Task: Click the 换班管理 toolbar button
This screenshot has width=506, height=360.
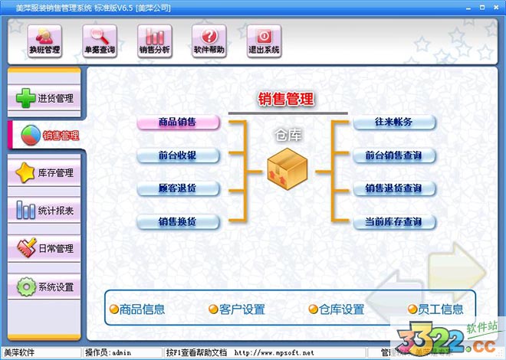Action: (44, 40)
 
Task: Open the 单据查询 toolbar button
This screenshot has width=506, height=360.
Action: (100, 40)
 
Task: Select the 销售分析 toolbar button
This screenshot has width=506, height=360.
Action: (154, 40)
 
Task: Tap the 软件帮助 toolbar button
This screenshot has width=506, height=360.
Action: (209, 40)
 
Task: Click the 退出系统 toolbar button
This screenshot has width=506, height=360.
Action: (263, 40)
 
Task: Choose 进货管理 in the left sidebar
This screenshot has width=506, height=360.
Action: (44, 98)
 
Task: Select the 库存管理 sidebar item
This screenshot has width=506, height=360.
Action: (44, 173)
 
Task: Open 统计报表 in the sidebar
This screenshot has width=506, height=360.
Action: (44, 211)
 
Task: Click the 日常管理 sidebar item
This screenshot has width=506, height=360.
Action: (44, 249)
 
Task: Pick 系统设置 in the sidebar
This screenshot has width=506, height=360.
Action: (44, 287)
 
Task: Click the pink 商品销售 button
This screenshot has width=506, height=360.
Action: (178, 122)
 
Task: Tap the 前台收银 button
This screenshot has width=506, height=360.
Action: (178, 155)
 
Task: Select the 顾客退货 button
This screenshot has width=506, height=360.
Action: (178, 188)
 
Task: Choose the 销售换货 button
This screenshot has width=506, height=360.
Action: (178, 222)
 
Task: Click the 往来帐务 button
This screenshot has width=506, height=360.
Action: (394, 122)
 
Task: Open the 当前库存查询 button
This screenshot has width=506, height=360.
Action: (394, 222)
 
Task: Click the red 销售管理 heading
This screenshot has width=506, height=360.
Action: (286, 99)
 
